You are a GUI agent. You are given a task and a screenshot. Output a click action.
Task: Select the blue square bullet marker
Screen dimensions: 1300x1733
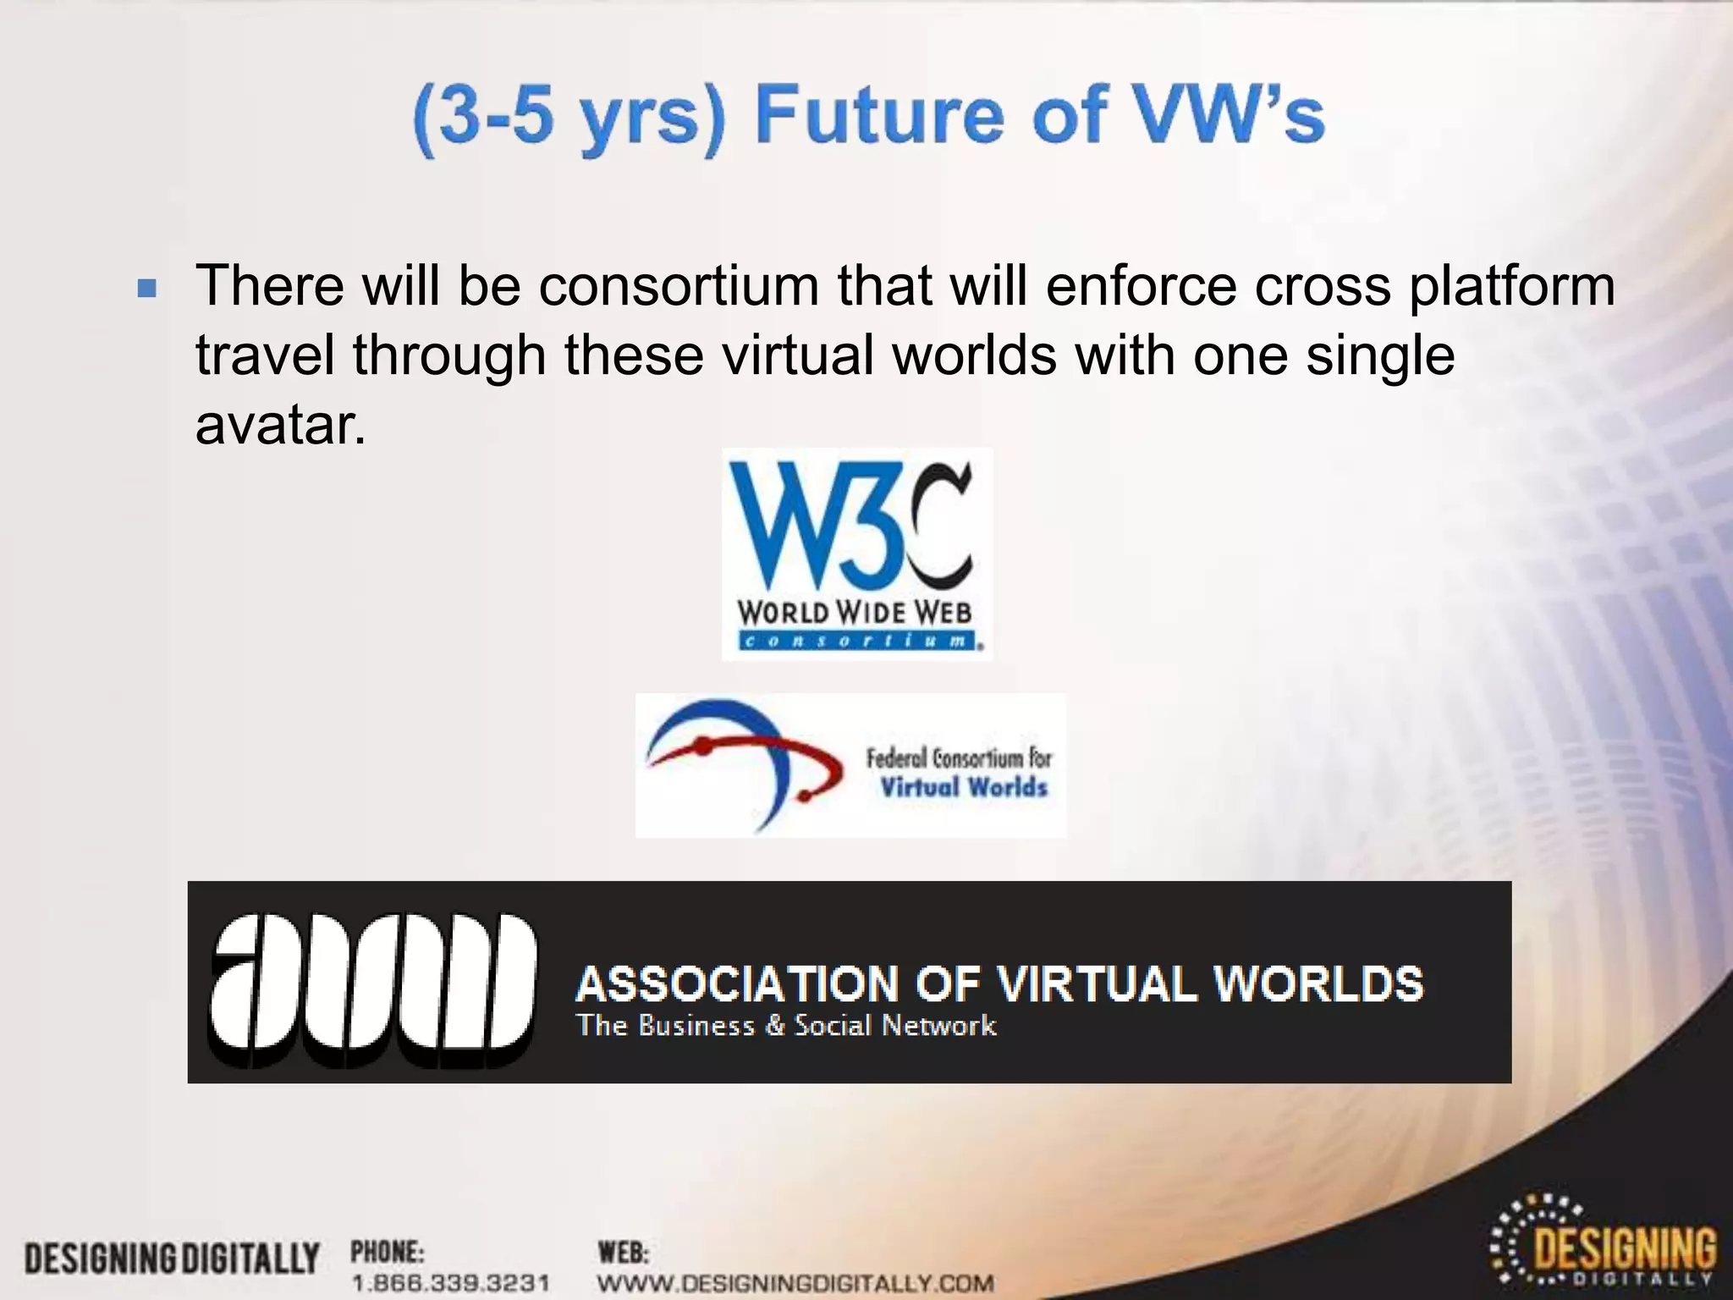point(147,289)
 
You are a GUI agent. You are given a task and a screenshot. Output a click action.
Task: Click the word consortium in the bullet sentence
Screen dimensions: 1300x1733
point(679,286)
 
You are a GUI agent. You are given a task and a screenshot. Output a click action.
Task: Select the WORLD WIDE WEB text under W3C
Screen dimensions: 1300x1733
point(854,612)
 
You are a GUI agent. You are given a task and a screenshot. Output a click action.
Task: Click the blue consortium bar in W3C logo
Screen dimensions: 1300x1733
point(855,641)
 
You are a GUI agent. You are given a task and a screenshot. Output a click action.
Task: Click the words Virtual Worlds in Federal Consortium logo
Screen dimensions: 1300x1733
point(963,787)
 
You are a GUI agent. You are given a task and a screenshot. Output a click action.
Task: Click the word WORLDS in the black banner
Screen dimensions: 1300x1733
point(1318,983)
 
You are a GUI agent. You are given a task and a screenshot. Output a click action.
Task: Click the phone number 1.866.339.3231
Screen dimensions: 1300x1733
point(450,1283)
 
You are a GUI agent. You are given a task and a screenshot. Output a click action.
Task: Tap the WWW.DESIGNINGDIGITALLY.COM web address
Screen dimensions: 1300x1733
point(795,1283)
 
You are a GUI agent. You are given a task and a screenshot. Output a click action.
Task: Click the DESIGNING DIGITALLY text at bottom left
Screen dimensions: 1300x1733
point(172,1259)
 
